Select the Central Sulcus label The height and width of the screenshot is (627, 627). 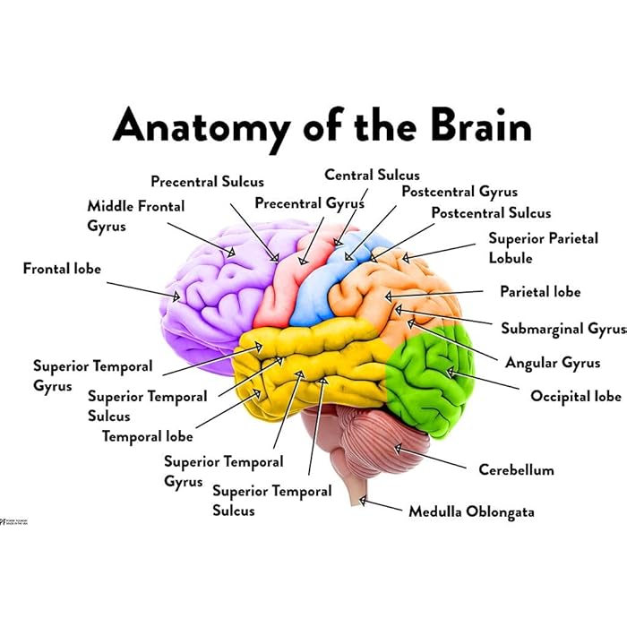(372, 175)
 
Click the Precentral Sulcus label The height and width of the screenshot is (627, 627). (207, 182)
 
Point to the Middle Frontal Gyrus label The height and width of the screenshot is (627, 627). (135, 216)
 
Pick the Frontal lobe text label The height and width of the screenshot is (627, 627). (62, 268)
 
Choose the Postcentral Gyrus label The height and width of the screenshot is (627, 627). (460, 192)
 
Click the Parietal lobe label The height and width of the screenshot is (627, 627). (540, 292)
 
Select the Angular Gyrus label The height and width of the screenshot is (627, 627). (553, 363)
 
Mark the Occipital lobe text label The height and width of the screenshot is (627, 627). (575, 396)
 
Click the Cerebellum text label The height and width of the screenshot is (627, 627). (516, 469)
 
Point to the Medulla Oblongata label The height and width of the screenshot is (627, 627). (471, 511)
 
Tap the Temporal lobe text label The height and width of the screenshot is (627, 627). (147, 437)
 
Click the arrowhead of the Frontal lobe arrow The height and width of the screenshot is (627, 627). (182, 296)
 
